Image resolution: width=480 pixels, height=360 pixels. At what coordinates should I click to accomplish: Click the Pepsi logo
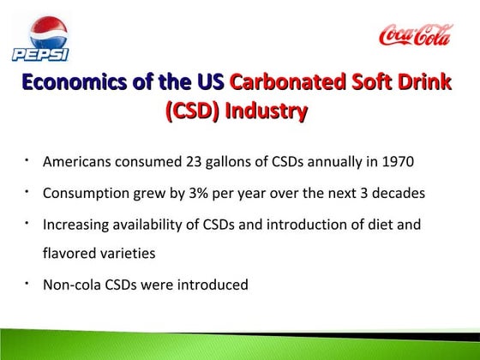(x=39, y=39)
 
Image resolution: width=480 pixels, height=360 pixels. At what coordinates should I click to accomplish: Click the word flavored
(x=70, y=255)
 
